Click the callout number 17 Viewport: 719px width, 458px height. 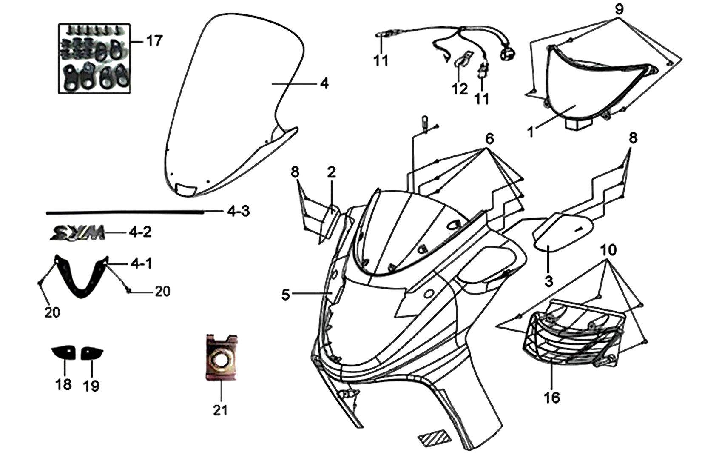coord(154,41)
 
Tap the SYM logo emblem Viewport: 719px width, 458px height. coord(78,232)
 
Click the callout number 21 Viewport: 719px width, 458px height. coord(221,410)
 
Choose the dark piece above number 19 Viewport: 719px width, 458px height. coord(92,353)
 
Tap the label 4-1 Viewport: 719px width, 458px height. coord(141,264)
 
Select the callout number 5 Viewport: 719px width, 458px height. coord(286,295)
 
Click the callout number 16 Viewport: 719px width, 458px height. coord(552,398)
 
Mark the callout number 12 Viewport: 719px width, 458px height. coord(460,89)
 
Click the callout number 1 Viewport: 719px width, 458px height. coord(531,132)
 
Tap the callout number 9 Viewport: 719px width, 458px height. coord(619,10)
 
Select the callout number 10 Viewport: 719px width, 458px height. coord(608,250)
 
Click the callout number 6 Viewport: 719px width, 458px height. coord(489,139)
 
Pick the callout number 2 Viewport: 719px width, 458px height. coord(332,172)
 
